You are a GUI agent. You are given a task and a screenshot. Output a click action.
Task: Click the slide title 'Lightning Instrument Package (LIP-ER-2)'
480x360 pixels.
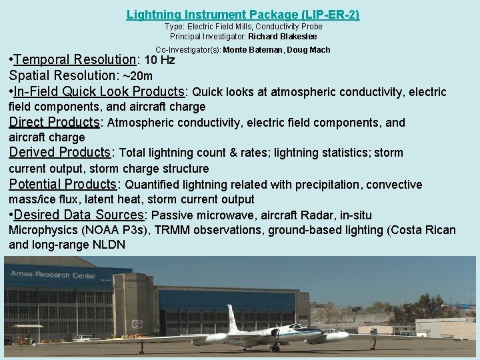243,13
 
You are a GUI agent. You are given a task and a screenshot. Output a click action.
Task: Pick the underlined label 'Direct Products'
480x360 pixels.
53,123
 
